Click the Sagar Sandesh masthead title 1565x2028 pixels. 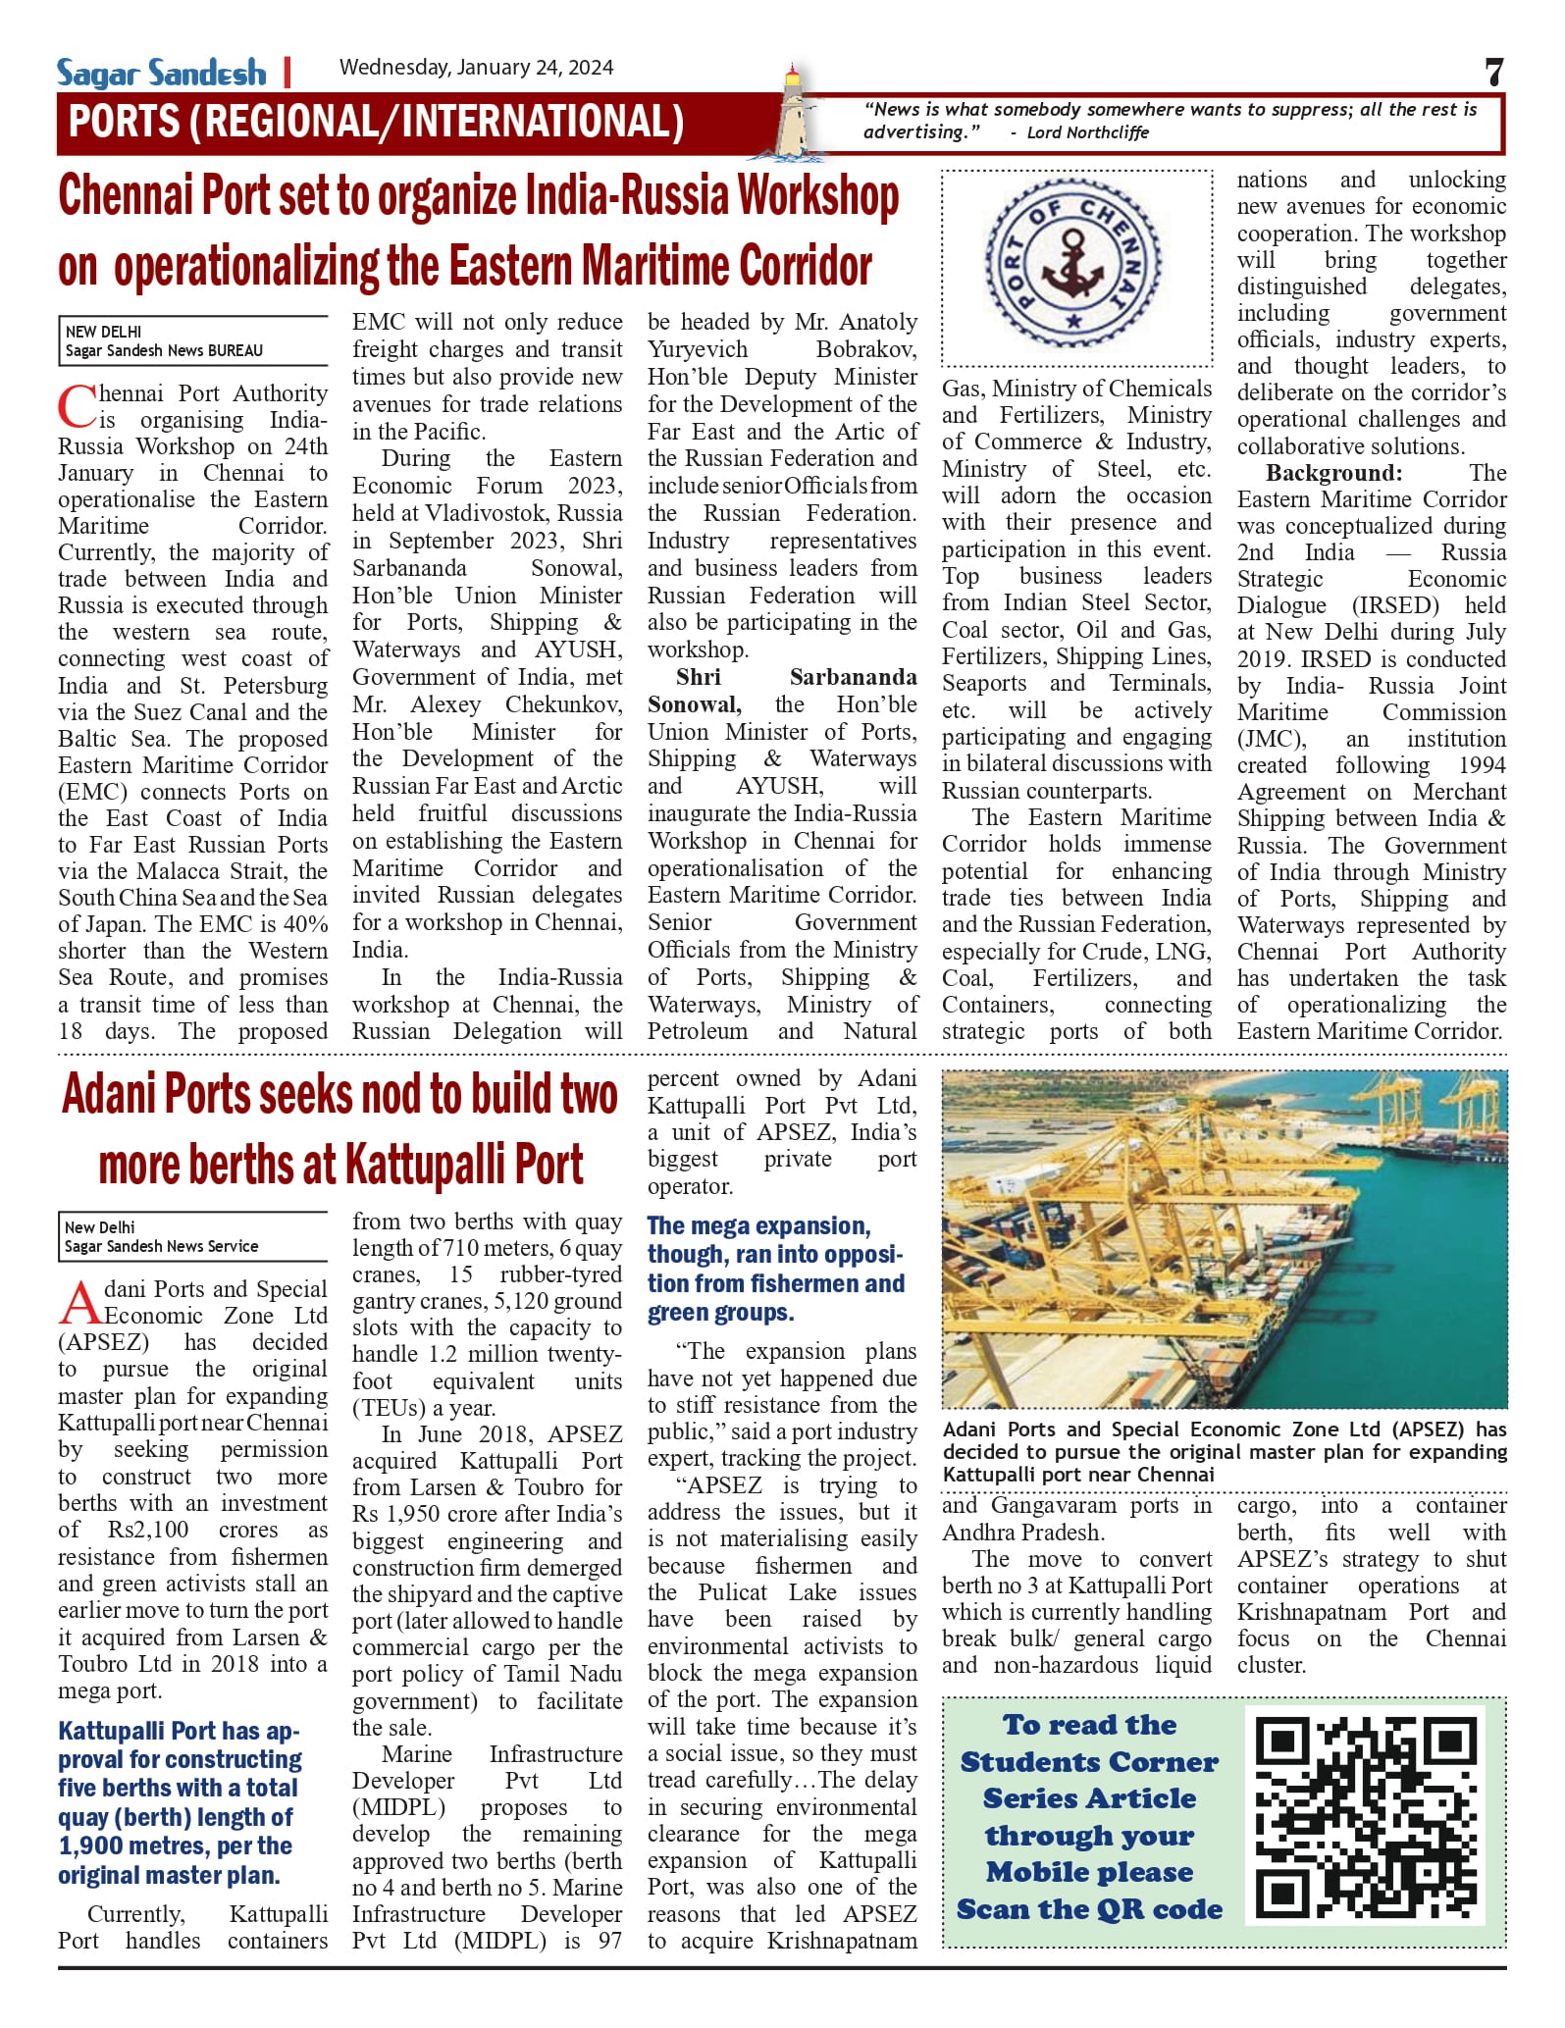click(x=161, y=74)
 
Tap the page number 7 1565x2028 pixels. click(x=1493, y=73)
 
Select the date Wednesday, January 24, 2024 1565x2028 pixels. click(x=476, y=68)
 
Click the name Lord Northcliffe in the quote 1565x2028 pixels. click(x=1087, y=132)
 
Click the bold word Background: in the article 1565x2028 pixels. click(x=1333, y=473)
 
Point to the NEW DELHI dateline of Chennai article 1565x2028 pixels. click(x=103, y=332)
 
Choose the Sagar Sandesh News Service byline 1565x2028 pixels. click(x=161, y=1246)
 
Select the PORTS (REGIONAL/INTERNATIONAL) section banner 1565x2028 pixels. click(x=376, y=123)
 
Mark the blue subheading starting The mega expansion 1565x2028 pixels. click(x=775, y=1269)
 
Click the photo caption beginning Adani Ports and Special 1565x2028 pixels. click(x=1224, y=1451)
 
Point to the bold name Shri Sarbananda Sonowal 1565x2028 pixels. click(x=781, y=690)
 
